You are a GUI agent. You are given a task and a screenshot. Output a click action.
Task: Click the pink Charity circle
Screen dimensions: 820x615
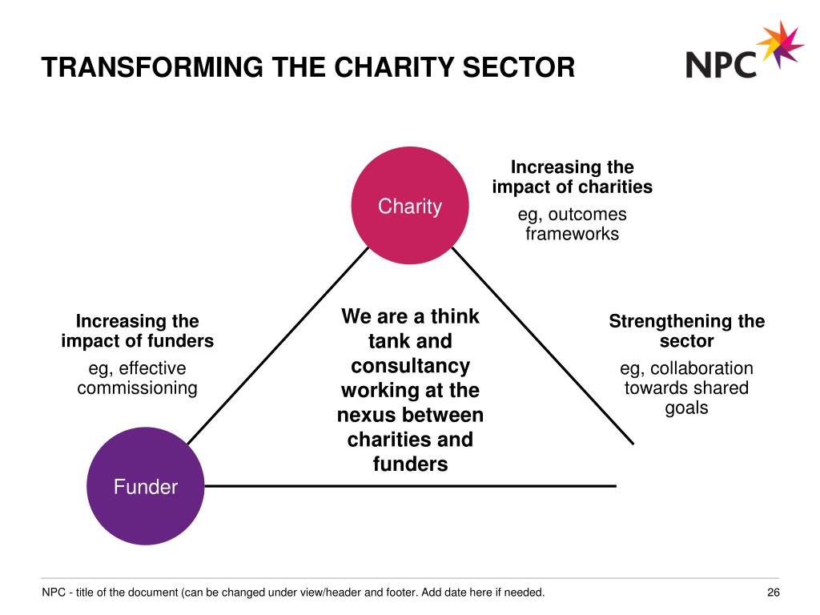coord(410,206)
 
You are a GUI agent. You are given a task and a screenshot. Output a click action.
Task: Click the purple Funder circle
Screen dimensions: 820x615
coord(146,486)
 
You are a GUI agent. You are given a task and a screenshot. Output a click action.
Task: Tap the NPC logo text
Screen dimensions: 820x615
coord(722,65)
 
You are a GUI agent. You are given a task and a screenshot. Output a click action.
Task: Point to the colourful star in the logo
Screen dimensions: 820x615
coord(780,45)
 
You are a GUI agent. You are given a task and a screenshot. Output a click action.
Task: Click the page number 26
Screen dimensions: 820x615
coord(774,593)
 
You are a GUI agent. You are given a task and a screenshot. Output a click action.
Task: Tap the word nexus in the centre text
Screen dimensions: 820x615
coord(364,416)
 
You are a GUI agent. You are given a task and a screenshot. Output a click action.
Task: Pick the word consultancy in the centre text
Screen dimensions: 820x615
coord(411,366)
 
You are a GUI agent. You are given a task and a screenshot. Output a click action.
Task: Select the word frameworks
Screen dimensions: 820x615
coord(572,234)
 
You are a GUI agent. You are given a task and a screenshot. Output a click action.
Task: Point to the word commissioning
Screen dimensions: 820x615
coord(137,388)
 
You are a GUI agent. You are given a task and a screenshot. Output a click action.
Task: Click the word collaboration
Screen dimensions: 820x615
coord(701,368)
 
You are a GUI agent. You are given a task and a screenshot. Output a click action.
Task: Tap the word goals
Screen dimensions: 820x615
coord(686,408)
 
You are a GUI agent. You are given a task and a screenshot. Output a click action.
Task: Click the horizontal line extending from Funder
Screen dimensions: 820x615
coord(411,486)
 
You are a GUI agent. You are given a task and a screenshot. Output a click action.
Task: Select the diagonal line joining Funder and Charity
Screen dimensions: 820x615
coord(278,346)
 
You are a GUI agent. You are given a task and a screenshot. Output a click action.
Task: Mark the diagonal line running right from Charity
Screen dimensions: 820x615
coord(543,346)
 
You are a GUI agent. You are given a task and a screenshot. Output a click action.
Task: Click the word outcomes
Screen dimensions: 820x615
coord(587,215)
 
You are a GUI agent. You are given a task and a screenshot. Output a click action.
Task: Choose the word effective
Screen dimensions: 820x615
coord(152,368)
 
